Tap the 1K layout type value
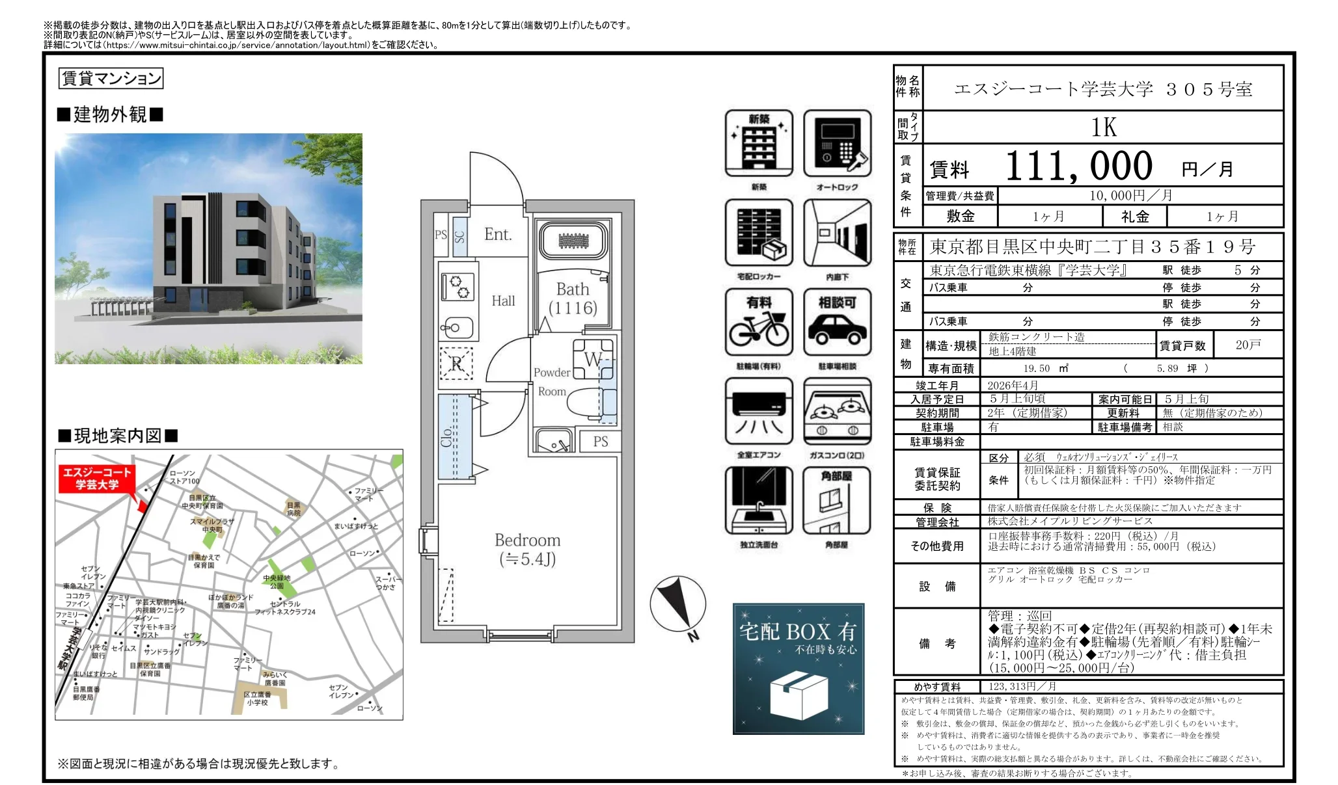coord(1104,127)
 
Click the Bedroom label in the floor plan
coord(527,540)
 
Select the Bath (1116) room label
coord(573,299)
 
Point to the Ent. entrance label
coord(498,234)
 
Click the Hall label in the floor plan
coord(503,300)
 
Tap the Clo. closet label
coord(446,436)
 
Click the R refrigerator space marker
coord(457,364)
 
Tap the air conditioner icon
coord(759,412)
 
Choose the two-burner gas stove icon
coord(837,412)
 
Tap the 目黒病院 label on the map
coord(294,509)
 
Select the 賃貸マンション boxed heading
coord(111,79)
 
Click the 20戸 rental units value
coord(1248,345)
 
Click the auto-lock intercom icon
coord(837,143)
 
